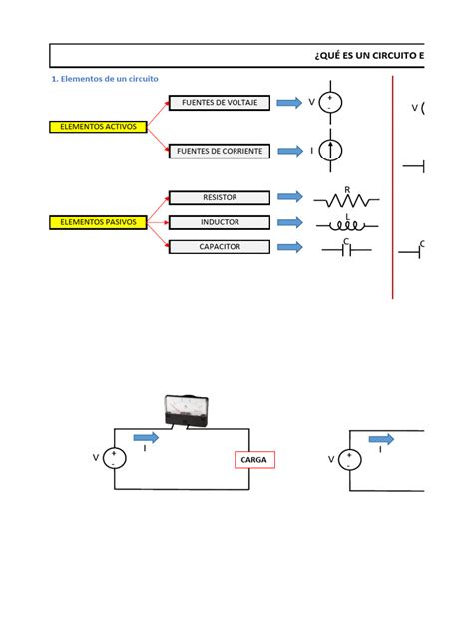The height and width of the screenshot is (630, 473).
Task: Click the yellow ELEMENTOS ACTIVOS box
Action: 99,127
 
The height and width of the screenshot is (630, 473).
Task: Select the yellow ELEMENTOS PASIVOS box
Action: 99,222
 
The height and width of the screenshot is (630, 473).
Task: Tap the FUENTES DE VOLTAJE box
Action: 219,103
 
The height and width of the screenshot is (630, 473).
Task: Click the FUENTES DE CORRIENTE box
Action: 219,151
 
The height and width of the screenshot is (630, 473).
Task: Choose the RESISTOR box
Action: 219,198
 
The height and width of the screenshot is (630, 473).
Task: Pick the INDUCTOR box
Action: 219,222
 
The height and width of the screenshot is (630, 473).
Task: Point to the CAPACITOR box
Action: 219,246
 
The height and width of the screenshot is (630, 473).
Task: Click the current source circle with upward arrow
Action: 332,151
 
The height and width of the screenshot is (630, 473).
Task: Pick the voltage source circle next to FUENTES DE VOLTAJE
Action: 332,103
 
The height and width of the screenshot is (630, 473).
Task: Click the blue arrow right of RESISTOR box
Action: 289,198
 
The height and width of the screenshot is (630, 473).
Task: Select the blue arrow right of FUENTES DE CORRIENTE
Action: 289,151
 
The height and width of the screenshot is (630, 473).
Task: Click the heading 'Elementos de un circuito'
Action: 105,78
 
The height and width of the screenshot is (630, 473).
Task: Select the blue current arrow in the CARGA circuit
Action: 145,437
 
